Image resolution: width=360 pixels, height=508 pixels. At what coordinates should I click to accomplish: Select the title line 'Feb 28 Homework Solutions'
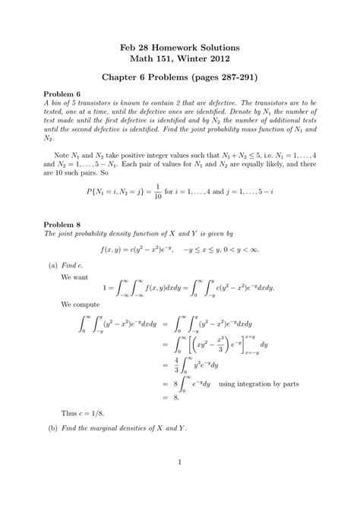(x=180, y=47)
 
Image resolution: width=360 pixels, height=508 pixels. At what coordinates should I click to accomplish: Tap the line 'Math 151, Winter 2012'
(x=180, y=59)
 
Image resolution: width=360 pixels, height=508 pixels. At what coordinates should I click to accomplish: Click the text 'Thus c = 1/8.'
(x=85, y=413)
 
